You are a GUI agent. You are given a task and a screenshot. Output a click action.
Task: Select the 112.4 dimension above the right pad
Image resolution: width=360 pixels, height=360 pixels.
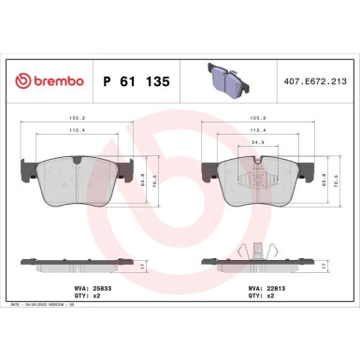(x=254, y=131)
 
